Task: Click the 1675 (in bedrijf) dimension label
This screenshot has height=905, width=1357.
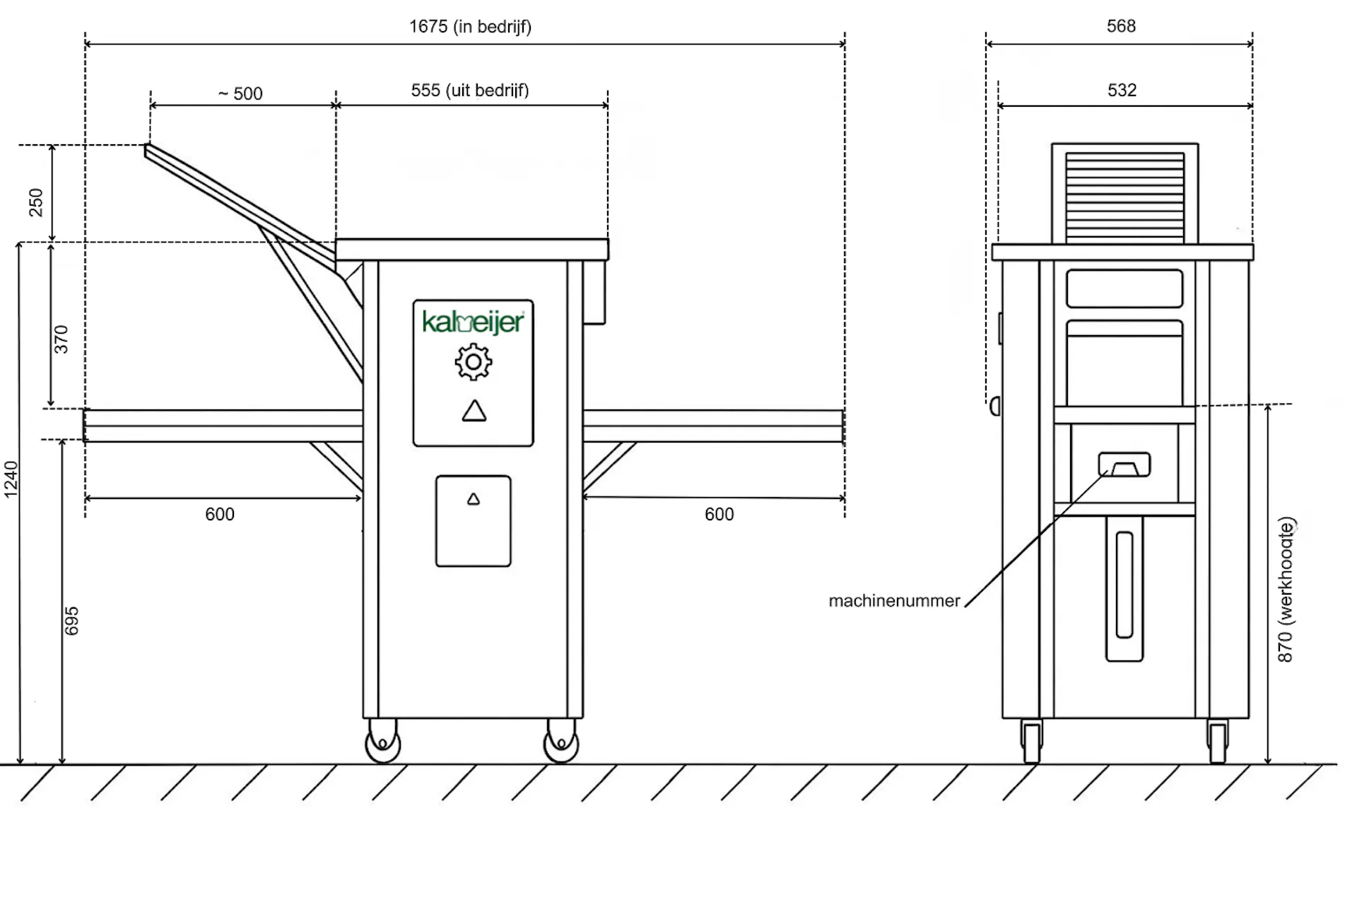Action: [470, 27]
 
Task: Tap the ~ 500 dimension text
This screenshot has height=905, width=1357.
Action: [240, 93]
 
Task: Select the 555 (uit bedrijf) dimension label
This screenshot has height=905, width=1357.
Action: [470, 90]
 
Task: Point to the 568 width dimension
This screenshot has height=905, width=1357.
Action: [1121, 26]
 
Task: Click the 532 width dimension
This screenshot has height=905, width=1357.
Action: [1122, 90]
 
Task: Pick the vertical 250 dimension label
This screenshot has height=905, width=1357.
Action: [36, 202]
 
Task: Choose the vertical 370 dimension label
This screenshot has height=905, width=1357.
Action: [61, 339]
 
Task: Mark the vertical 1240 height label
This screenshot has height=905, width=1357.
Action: [11, 479]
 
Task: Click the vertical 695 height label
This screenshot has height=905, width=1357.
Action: [71, 621]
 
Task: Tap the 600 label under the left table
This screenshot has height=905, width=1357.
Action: [220, 514]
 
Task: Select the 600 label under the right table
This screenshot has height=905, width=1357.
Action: [719, 514]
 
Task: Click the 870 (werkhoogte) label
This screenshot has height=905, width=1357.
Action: [1286, 590]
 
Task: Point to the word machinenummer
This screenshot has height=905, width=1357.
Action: [894, 601]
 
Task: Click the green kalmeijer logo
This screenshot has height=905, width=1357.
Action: [473, 322]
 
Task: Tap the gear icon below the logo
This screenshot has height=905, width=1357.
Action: [474, 362]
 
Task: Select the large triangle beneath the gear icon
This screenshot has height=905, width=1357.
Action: [474, 411]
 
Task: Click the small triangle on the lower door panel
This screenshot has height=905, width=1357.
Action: [474, 499]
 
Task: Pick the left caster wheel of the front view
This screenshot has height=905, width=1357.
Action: [383, 742]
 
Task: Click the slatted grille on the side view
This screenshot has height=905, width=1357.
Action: [1124, 197]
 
